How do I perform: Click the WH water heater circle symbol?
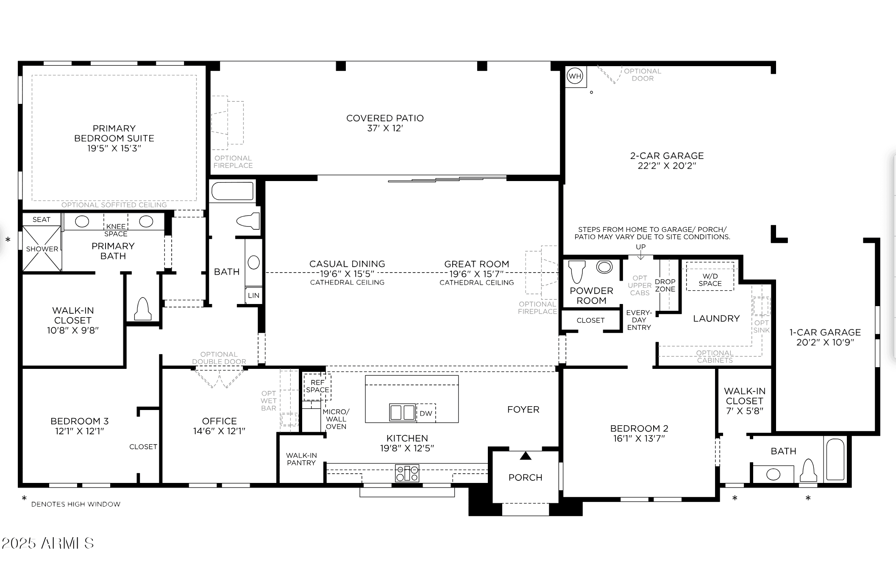(575, 76)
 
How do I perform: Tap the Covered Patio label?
(385, 118)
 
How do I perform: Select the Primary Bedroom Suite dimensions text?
(114, 148)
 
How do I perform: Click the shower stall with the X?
(42, 248)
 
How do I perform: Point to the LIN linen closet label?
(253, 296)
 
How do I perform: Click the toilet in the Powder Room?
(577, 271)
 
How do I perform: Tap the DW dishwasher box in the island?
(426, 413)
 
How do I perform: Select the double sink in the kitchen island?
(402, 412)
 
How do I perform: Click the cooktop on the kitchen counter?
(407, 473)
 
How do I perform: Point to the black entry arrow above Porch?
(526, 456)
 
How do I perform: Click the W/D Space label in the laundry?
(710, 280)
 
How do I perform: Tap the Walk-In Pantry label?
(301, 459)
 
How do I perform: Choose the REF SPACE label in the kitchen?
(317, 386)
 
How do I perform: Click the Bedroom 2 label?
(639, 429)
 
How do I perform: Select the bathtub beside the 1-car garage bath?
(835, 460)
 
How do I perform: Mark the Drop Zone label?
(665, 285)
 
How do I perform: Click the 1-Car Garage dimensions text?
(825, 343)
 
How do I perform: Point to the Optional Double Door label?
(219, 358)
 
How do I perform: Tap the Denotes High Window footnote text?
(76, 504)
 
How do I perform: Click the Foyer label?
(523, 410)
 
